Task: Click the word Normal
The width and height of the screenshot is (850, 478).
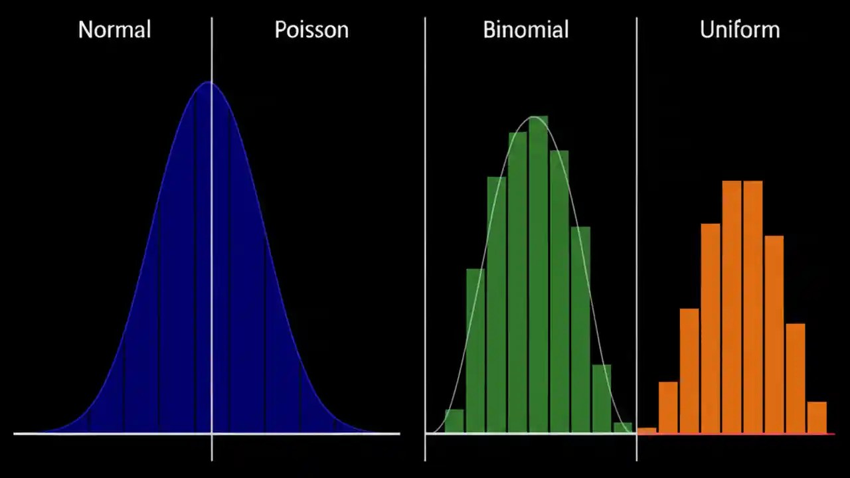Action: coord(114,30)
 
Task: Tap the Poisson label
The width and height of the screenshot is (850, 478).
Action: coord(311,30)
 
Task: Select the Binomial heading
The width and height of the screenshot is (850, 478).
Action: coord(525,30)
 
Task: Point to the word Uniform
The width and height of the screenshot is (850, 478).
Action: coord(739,30)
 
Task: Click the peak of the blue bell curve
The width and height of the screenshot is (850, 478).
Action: coord(209,83)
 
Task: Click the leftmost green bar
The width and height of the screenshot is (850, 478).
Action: coord(454,421)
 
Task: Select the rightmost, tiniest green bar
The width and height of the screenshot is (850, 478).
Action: coord(623,428)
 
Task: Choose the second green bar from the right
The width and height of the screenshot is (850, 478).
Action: coord(602,398)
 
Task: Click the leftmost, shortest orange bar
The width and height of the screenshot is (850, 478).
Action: coord(647,430)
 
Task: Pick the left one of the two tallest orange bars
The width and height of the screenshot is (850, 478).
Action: coord(732,305)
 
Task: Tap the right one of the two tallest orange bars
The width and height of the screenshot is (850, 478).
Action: coord(753,305)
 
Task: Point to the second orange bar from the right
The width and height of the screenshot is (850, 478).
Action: coord(796,378)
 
